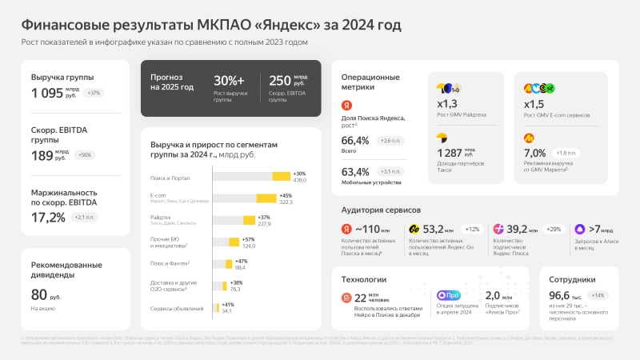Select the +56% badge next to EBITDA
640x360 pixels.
[84, 154]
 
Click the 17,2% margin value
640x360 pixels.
[48, 217]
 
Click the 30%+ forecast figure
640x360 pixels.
[229, 81]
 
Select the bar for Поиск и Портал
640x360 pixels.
[281, 177]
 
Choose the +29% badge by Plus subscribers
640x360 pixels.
[552, 229]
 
